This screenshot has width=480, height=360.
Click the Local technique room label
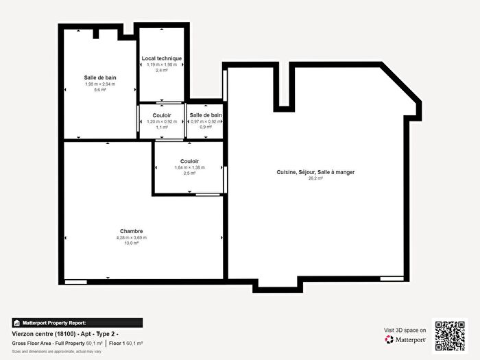click(162, 58)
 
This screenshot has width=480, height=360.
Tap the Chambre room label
click(131, 232)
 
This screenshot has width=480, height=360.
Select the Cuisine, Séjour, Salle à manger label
click(315, 172)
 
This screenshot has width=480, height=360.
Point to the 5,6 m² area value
click(100, 90)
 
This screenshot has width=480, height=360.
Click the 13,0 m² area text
click(131, 243)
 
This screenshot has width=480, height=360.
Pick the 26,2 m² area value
click(315, 178)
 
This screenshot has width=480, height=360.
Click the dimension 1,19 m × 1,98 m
click(162, 64)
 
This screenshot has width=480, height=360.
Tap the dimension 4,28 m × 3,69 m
click(131, 238)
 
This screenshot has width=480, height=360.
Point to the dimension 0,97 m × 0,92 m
click(206, 121)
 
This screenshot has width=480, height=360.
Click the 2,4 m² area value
click(162, 70)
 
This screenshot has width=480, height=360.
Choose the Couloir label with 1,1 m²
click(162, 115)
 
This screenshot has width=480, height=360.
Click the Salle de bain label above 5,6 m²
click(100, 77)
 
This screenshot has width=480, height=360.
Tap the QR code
click(449, 335)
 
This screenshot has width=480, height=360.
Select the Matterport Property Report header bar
click(77, 322)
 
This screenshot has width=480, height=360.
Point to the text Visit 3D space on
click(405, 330)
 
